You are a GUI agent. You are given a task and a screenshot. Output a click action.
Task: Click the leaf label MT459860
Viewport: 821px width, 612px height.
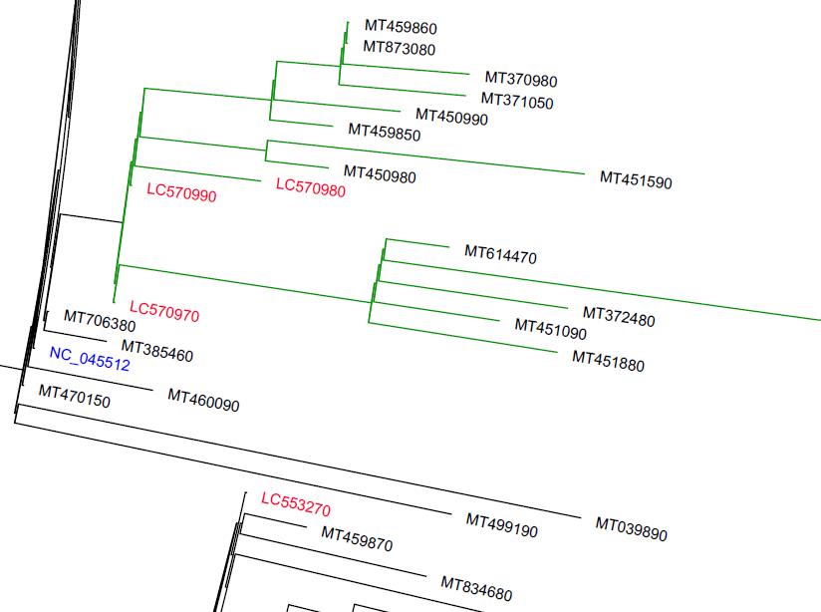click(x=401, y=28)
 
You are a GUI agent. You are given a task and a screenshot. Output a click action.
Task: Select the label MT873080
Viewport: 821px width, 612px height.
click(x=399, y=48)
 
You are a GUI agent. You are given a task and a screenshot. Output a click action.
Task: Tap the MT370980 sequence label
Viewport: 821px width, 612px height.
click(x=521, y=80)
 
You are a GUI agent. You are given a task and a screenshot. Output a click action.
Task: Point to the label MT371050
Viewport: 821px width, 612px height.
click(x=517, y=101)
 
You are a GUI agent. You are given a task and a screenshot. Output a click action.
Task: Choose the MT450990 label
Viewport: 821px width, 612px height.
click(x=452, y=118)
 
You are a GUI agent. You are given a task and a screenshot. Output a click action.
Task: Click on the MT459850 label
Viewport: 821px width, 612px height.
click(x=384, y=132)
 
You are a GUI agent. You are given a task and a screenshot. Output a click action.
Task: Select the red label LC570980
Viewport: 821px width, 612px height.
click(x=310, y=187)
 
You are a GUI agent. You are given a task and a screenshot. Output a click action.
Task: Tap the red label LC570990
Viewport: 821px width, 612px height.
click(x=181, y=192)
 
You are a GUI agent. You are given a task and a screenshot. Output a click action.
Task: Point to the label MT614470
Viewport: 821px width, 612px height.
click(x=500, y=255)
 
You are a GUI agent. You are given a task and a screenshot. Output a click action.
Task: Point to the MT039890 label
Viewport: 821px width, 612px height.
click(x=632, y=528)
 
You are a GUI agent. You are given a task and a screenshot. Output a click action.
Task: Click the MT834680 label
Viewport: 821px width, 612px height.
click(x=476, y=588)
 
